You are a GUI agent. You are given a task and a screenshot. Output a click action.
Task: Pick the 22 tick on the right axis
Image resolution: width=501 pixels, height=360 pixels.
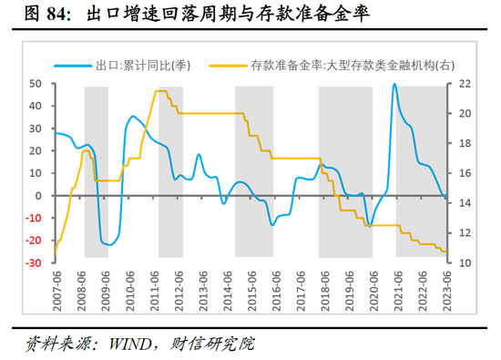(x=462, y=84)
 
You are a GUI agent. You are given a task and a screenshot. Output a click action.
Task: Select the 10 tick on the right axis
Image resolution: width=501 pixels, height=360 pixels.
(x=462, y=262)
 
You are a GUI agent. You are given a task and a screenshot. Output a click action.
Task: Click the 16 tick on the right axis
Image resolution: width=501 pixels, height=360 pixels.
(x=462, y=173)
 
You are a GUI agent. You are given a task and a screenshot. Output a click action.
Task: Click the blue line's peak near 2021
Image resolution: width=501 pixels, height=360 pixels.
(x=394, y=85)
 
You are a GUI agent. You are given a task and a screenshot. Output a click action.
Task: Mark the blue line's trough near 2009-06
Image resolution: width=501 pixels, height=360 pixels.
(x=107, y=245)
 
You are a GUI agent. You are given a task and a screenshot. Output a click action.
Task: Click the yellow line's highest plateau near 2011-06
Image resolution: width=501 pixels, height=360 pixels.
(x=161, y=91)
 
